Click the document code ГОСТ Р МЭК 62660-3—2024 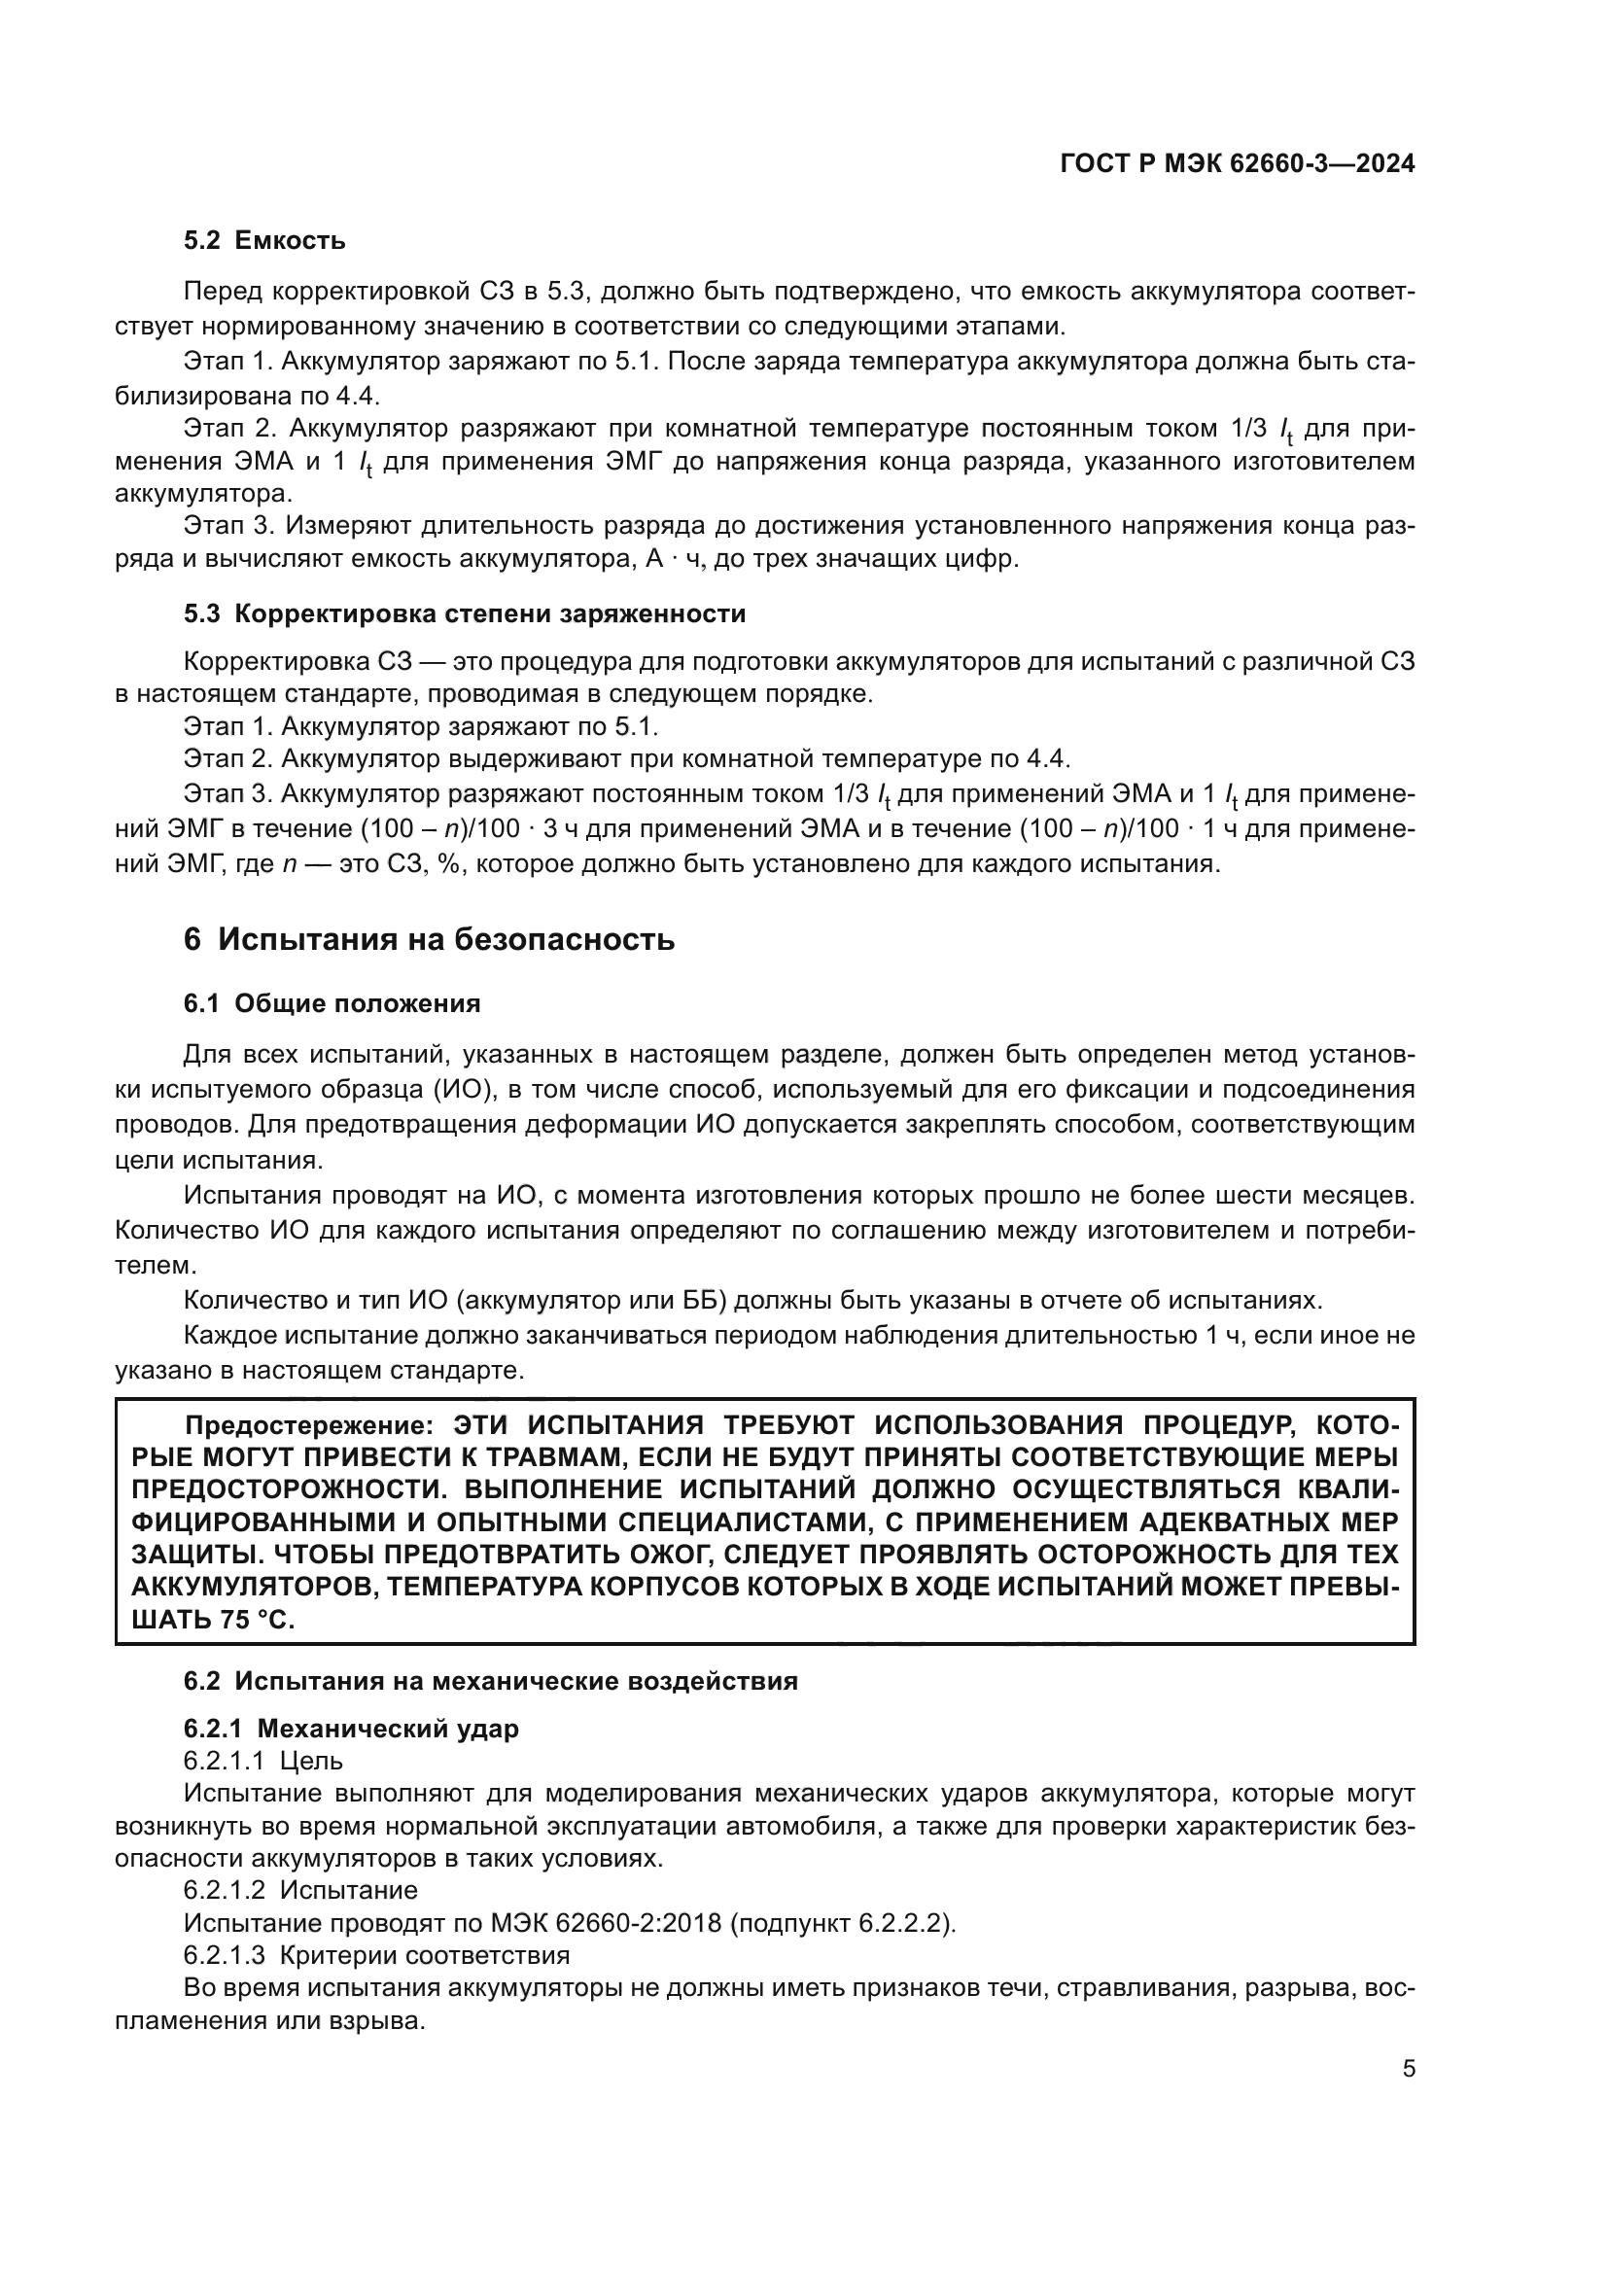pyautogui.click(x=1237, y=164)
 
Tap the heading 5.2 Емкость pyautogui.click(x=264, y=241)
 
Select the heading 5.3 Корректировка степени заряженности pyautogui.click(x=465, y=614)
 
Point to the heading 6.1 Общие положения pyautogui.click(x=332, y=1004)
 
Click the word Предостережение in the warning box pyautogui.click(x=309, y=1425)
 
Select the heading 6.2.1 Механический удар pyautogui.click(x=351, y=1730)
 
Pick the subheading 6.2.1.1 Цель pyautogui.click(x=263, y=1761)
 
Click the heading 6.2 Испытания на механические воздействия pyautogui.click(x=490, y=1682)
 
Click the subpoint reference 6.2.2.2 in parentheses pyautogui.click(x=904, y=1923)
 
